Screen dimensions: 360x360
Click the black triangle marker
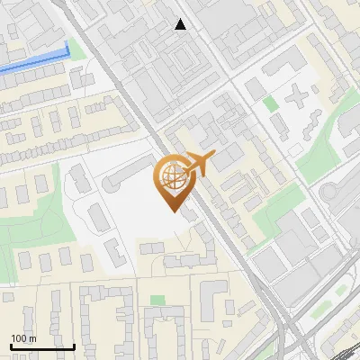tap(181, 25)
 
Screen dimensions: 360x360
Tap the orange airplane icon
tap(199, 165)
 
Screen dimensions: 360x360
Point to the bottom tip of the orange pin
tap(173, 211)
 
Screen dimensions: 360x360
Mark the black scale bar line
tap(42, 346)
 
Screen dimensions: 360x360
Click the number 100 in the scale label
tap(19, 338)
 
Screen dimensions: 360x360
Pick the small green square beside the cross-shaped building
tap(271, 103)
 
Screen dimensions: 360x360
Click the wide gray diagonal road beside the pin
tap(220, 225)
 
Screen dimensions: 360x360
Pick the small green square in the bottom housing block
tap(158, 300)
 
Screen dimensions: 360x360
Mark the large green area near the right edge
tap(324, 148)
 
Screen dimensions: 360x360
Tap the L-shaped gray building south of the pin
tap(211, 297)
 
